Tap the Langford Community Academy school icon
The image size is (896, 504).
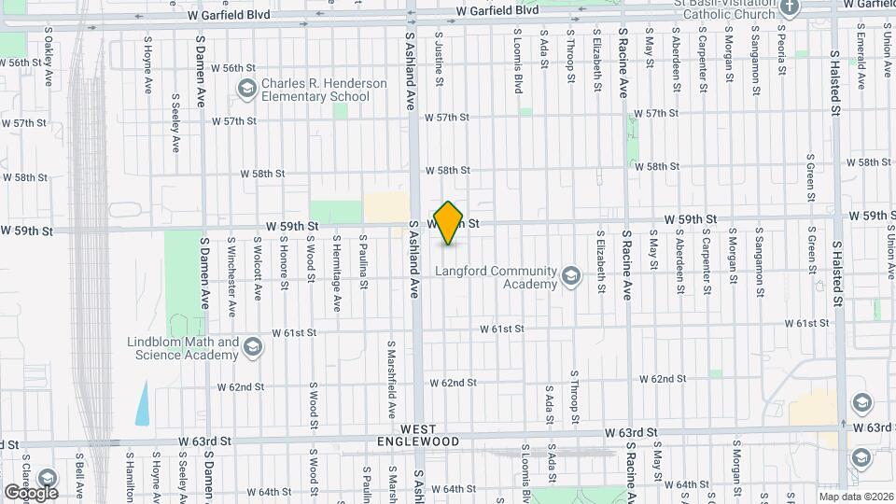[x=570, y=274]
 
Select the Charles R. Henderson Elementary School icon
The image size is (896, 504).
[x=247, y=90]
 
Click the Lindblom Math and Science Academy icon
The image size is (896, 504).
[x=251, y=348]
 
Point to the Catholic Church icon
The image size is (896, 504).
[x=790, y=8]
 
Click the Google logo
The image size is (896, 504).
[x=31, y=492]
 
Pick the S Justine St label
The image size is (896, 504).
[x=439, y=44]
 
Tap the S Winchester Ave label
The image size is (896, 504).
[x=231, y=268]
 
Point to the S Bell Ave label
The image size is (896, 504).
[x=81, y=479]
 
